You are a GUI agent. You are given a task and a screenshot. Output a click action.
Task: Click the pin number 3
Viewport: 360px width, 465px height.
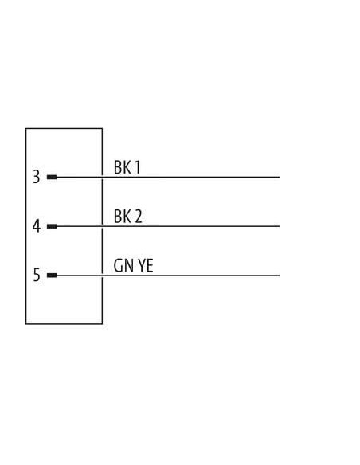(36, 177)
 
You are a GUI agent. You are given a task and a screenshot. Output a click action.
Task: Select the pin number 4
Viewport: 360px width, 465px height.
(36, 226)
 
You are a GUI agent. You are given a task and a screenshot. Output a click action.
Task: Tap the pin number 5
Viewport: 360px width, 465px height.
(36, 275)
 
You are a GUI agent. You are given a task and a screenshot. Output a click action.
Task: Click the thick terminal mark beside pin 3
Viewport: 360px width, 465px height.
(52, 177)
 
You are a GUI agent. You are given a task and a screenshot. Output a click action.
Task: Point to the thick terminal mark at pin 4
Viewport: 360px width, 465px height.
(52, 226)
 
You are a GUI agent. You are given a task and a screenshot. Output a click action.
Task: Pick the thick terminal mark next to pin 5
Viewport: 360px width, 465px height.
(52, 275)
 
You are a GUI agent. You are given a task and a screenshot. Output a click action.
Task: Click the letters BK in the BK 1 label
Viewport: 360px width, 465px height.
(123, 167)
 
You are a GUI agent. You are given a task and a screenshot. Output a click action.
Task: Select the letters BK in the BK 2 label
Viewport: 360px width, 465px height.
(123, 217)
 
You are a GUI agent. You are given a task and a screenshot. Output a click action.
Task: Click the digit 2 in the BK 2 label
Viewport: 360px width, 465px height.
(139, 217)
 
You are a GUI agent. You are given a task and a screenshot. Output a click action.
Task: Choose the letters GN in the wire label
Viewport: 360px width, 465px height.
(123, 265)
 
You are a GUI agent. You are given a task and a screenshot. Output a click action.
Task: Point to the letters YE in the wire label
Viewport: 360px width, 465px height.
(146, 265)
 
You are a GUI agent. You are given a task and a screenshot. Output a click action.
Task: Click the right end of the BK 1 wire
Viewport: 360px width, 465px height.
(280, 177)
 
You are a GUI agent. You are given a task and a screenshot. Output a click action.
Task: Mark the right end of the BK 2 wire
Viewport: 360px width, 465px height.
(280, 226)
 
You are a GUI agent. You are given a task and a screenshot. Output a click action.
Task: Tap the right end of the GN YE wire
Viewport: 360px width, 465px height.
(280, 275)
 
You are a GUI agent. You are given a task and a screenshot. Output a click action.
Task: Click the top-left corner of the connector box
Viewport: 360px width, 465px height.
(26, 128)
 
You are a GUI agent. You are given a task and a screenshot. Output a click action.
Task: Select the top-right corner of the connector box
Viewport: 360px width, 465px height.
(102, 128)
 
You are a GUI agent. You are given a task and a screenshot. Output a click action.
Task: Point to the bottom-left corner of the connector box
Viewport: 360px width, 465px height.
(26, 324)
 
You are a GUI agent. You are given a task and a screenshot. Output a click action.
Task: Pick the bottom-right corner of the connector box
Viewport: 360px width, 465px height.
(102, 324)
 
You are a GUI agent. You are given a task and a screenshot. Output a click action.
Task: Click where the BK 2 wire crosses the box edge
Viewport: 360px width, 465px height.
(102, 226)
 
